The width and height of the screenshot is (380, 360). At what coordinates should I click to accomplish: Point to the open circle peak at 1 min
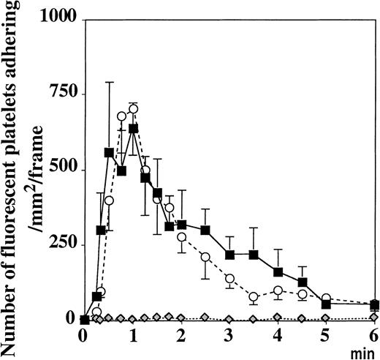tap(133, 109)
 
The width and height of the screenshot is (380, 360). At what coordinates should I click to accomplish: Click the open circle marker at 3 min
tap(229, 279)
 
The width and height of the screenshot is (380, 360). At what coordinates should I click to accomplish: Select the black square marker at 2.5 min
tap(205, 230)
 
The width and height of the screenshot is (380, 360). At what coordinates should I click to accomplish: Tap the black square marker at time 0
tap(85, 319)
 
